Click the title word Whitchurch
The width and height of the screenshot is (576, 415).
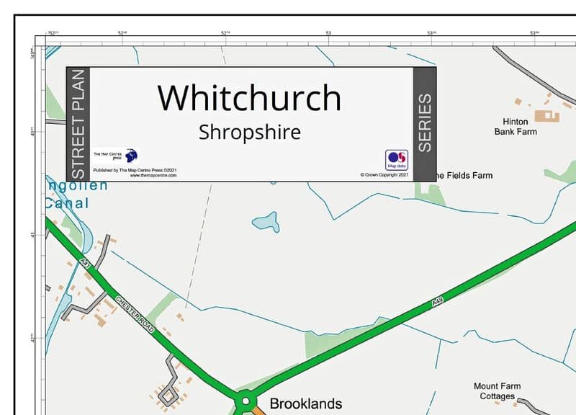pos(249,97)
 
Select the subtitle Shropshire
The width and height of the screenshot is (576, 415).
pos(249,133)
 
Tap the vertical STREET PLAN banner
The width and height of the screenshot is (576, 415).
pos(78,125)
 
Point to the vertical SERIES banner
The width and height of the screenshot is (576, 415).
pos(425,123)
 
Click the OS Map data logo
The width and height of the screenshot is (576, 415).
pos(397,159)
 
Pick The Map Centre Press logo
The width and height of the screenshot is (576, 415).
pos(130,156)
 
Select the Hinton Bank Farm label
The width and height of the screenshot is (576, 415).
pos(516,127)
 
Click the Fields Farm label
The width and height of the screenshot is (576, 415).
pos(465,175)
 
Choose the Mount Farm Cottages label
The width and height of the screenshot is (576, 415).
pos(497,391)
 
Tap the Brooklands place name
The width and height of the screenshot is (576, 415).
pos(305,403)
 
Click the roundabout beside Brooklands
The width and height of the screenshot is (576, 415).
pos(245,401)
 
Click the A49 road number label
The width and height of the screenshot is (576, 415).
pos(436,305)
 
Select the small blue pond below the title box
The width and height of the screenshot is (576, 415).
pos(265,221)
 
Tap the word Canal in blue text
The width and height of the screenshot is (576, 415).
pos(68,203)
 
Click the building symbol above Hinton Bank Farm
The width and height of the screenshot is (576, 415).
pos(550,115)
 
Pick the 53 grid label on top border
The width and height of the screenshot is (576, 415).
pos(328,33)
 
